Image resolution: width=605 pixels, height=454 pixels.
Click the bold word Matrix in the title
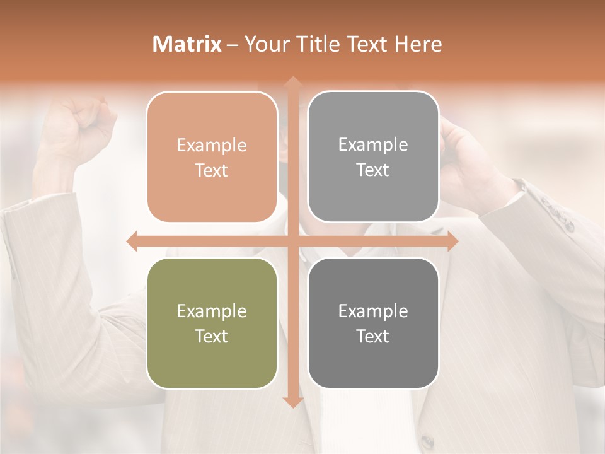coord(187,44)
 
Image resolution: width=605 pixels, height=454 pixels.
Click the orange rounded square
coord(212,157)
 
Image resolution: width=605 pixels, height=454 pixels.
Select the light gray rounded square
coord(373,157)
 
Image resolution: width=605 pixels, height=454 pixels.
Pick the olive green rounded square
coord(212,323)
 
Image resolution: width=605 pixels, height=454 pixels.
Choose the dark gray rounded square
coord(373,323)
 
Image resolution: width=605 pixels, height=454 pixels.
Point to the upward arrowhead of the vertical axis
coord(292,82)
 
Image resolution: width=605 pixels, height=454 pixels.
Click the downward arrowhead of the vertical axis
coord(292,402)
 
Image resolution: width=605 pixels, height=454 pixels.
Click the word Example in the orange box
coord(212,146)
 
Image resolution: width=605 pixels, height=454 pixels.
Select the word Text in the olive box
coord(212,336)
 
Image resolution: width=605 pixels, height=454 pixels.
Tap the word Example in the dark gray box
coord(373,311)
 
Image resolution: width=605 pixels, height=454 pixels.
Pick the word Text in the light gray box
coord(373,170)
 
